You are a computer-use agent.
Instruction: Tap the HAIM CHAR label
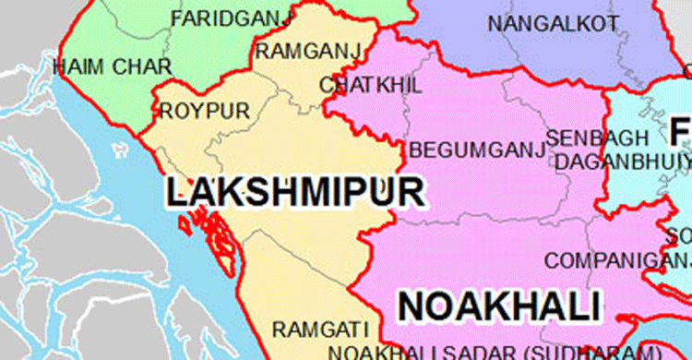(x=100, y=66)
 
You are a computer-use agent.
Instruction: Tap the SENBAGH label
(x=585, y=138)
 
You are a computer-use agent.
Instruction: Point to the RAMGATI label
(x=319, y=330)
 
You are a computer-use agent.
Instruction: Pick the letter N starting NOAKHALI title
(x=414, y=305)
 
